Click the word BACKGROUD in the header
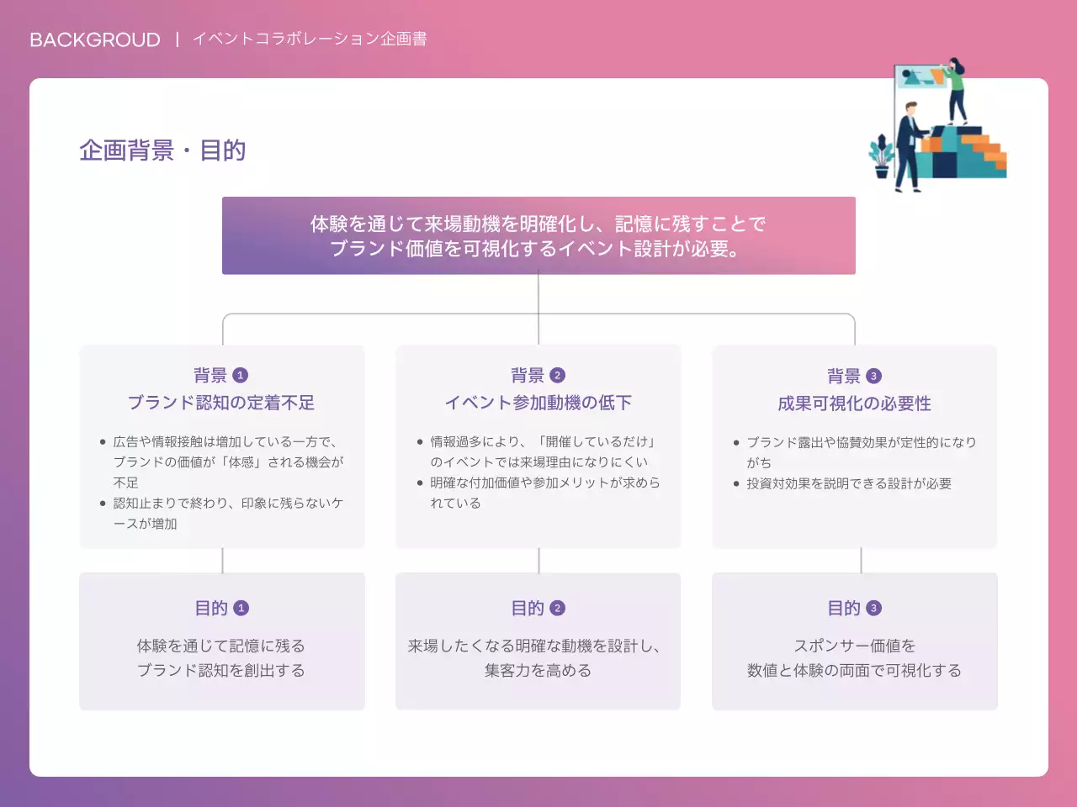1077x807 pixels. click(x=94, y=40)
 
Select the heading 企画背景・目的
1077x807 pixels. click(x=162, y=150)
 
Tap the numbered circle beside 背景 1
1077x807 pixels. click(x=241, y=375)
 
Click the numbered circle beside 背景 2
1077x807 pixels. click(x=557, y=375)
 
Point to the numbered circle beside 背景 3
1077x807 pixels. click(x=873, y=376)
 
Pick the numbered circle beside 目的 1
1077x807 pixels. click(x=241, y=608)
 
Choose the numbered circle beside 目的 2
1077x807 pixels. click(x=557, y=608)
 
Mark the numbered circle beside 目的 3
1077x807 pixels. click(x=873, y=608)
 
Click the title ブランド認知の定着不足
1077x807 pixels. click(x=221, y=403)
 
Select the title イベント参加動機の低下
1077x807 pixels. click(x=538, y=403)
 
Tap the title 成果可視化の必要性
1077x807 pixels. click(x=854, y=403)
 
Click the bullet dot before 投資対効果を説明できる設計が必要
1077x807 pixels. click(x=736, y=484)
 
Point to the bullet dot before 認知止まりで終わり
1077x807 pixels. click(x=103, y=504)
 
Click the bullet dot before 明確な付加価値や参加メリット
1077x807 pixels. click(x=420, y=483)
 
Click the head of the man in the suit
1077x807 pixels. click(x=910, y=108)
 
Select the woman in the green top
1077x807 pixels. click(x=955, y=84)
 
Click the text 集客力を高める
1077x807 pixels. click(x=538, y=671)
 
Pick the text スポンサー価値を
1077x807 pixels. click(x=854, y=646)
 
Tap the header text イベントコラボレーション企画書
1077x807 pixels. click(x=310, y=39)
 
